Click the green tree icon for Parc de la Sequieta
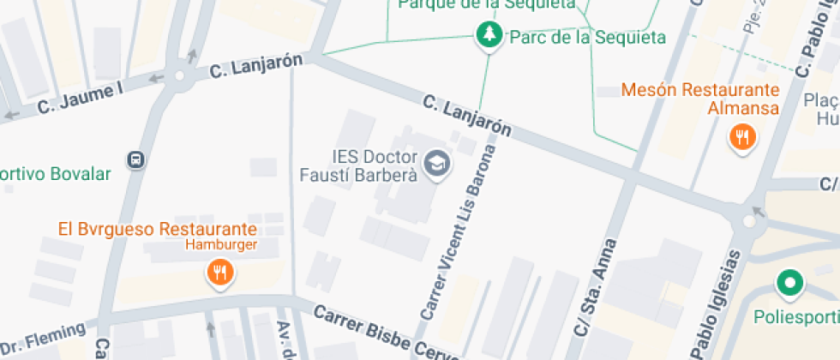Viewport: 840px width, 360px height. click(x=489, y=35)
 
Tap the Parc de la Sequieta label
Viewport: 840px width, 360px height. click(x=587, y=37)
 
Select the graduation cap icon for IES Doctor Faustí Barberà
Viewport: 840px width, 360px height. click(x=439, y=163)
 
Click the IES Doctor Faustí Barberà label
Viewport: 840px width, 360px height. click(x=375, y=166)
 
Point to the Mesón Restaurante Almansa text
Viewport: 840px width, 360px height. click(x=700, y=99)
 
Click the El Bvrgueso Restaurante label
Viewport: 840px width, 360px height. click(x=158, y=229)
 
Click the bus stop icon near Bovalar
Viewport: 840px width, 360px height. click(x=135, y=159)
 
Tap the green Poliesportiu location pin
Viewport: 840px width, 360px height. click(x=789, y=282)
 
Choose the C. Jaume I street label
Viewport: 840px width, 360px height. click(x=81, y=98)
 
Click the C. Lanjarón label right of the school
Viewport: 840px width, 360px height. click(x=467, y=116)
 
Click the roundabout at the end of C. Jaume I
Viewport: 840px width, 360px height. click(x=179, y=76)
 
